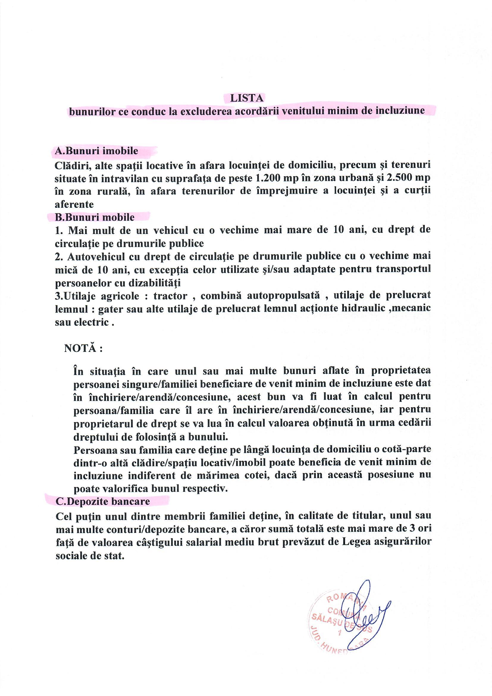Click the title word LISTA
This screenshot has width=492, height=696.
[x=247, y=98]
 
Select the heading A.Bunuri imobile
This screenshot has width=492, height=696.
[x=96, y=151]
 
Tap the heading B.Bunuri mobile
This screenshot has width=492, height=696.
[x=95, y=217]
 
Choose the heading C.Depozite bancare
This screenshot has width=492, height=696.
[x=103, y=502]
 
